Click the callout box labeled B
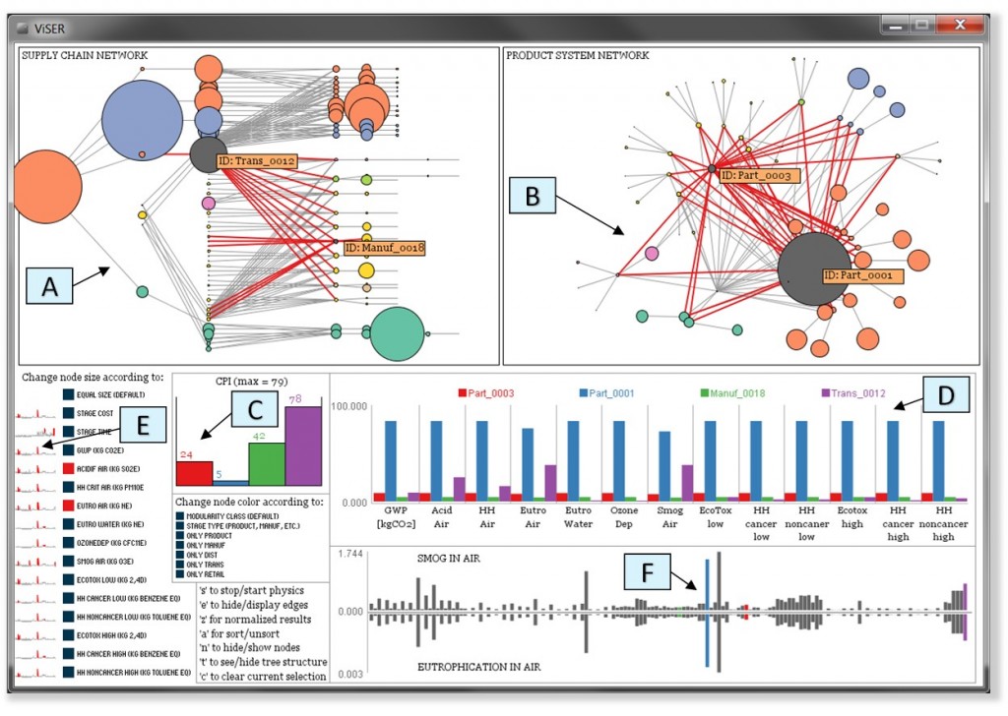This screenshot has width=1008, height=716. (533, 196)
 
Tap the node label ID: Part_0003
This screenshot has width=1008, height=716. (757, 175)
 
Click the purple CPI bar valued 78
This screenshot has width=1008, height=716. (303, 445)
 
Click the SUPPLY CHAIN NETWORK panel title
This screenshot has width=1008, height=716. (85, 56)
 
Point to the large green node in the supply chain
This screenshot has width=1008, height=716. (397, 335)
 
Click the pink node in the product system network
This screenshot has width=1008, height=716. (652, 254)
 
